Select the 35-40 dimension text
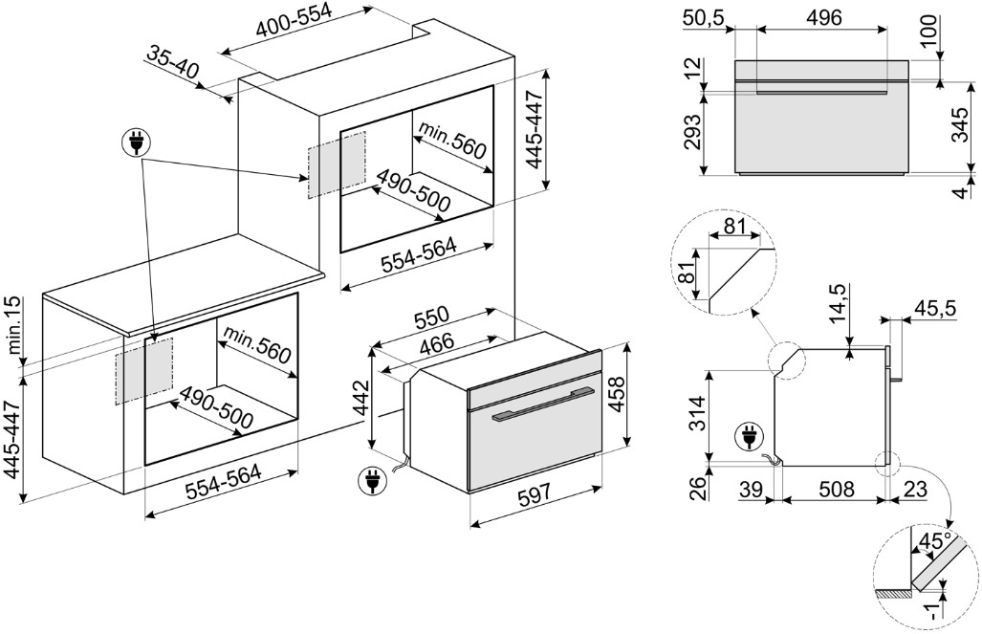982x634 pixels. pos(172,63)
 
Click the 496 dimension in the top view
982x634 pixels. pos(822,17)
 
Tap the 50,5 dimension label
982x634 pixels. pos(705,17)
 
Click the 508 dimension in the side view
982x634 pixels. pos(837,490)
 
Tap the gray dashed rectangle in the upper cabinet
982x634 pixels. pos(336,164)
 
